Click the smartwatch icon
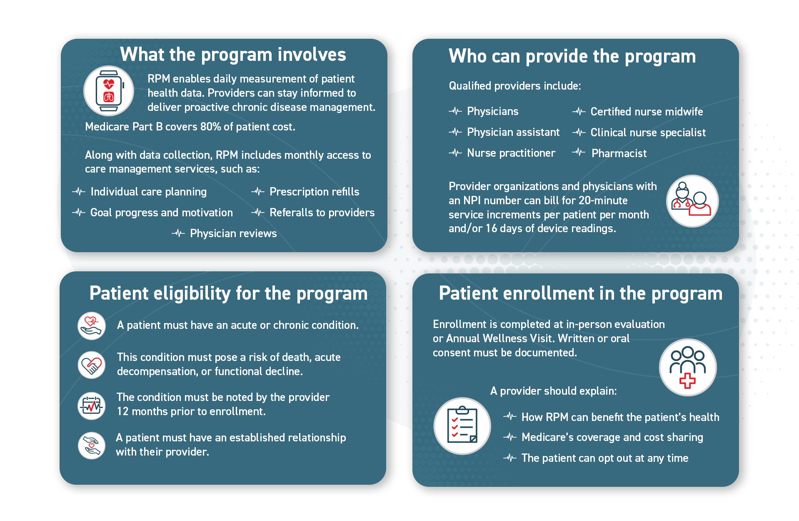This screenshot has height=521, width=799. coord(109,91)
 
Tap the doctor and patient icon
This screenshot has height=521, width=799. coord(692,201)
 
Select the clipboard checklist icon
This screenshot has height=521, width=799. coord(462,426)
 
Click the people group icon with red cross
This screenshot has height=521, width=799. coord(687,367)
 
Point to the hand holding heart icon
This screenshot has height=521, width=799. coord(92,326)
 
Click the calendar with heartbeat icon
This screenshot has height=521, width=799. coord(92,406)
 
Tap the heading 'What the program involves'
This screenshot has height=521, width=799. coord(233,55)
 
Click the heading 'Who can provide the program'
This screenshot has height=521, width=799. coord(572,56)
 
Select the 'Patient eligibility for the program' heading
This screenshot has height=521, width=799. coord(228,293)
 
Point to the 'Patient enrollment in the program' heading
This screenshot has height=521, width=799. coord(580,293)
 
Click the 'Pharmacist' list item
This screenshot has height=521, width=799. coord(619,153)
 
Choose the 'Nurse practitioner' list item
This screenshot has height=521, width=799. coord(511,153)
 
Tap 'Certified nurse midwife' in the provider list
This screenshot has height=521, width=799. coord(647,112)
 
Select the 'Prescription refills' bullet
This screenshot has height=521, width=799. coord(314,192)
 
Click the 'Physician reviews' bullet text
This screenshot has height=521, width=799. coord(233,233)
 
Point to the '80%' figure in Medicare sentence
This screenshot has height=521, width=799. coord(210,127)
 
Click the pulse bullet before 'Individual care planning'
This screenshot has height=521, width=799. coord(79,192)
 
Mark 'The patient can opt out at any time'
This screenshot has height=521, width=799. coord(604,458)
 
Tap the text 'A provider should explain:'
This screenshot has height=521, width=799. coord(553,391)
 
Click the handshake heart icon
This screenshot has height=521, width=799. coord(92,365)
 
